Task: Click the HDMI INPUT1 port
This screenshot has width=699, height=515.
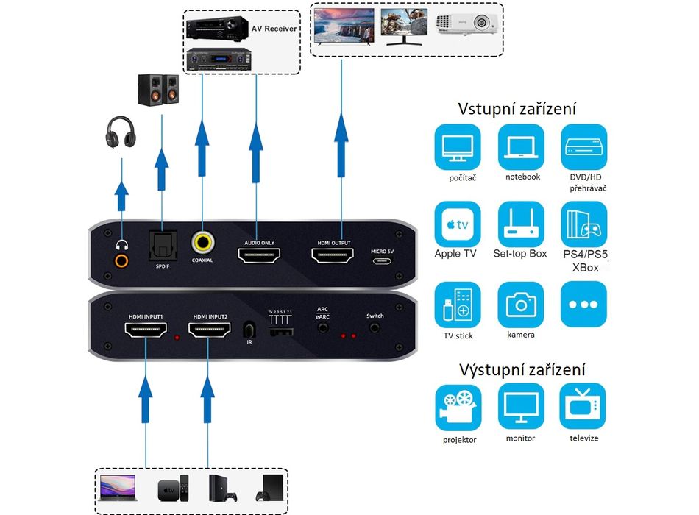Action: coord(146,333)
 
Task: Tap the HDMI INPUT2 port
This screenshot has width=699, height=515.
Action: coord(210,333)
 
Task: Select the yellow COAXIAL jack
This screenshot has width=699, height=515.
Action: coord(202,242)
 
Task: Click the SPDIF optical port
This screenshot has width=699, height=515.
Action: coord(162,242)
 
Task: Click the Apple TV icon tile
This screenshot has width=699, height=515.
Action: coord(457,224)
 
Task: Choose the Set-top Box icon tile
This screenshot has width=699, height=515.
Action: coord(521,224)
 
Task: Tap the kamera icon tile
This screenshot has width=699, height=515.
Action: coord(521,304)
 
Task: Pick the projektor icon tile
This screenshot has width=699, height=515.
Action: coord(457,405)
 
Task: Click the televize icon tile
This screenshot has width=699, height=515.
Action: coord(583,405)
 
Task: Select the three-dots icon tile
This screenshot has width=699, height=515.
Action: coord(583,304)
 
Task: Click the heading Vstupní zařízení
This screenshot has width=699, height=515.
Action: coord(517,109)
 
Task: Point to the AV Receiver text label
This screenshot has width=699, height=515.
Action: coord(274,28)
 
